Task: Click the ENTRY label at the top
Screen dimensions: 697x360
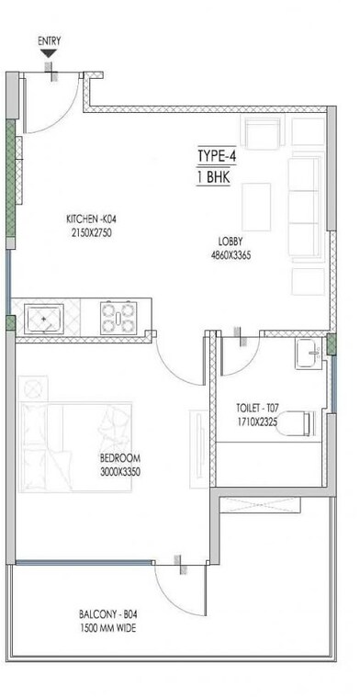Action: point(49,41)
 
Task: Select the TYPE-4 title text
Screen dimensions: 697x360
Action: point(217,155)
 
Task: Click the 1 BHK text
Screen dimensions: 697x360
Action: point(211,175)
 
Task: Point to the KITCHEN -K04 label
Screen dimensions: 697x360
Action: point(91,219)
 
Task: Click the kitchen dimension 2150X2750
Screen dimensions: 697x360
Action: point(91,233)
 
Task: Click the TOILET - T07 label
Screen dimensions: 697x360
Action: point(260,405)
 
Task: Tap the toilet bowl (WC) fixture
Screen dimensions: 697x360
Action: point(298,423)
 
